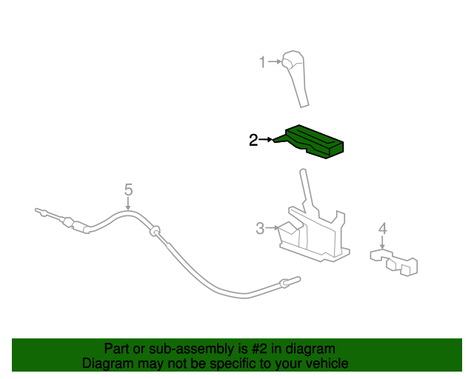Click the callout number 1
261,62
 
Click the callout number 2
253,140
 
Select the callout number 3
260,229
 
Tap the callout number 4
382,228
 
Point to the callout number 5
128,189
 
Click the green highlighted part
315,141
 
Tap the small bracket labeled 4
395,261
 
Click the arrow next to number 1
274,62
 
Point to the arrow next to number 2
265,139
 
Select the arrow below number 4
382,243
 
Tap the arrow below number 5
128,204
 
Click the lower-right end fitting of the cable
290,281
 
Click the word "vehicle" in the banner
324,363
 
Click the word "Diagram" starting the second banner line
107,363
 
